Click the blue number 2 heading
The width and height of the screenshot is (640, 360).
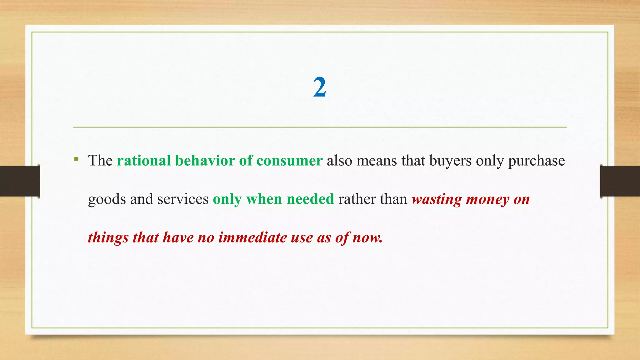(320, 87)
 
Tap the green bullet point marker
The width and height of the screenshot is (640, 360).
(76, 160)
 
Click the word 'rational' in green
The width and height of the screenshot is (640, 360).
(144, 161)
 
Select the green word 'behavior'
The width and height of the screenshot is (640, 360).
(205, 161)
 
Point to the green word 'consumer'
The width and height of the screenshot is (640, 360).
(289, 161)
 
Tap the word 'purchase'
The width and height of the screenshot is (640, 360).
(536, 161)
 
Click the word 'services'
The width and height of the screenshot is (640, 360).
(183, 199)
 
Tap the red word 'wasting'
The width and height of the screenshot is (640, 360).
(437, 200)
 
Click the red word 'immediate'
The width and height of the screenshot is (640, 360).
(252, 237)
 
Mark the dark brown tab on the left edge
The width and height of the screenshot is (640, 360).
(20, 181)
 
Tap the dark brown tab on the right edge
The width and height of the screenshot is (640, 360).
(620, 181)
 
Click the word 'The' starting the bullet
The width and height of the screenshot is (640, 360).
(100, 161)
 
